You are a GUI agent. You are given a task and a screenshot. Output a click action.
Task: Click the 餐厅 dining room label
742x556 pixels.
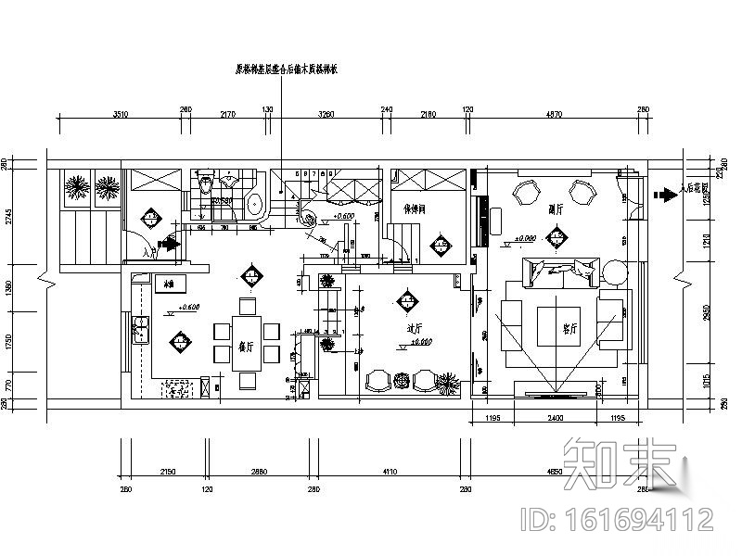pyautogui.click(x=247, y=347)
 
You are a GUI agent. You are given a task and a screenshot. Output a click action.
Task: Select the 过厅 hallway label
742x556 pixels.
pyautogui.click(x=415, y=328)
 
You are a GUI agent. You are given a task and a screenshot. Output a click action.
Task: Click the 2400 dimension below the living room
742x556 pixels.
pyautogui.click(x=555, y=420)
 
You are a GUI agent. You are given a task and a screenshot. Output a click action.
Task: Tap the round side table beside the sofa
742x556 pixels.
pyautogui.click(x=615, y=272)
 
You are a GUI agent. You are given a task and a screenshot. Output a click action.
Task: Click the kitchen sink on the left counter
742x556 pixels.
pyautogui.click(x=141, y=329)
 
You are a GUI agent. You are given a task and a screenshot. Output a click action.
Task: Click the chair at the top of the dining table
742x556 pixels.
pyautogui.click(x=247, y=305)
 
